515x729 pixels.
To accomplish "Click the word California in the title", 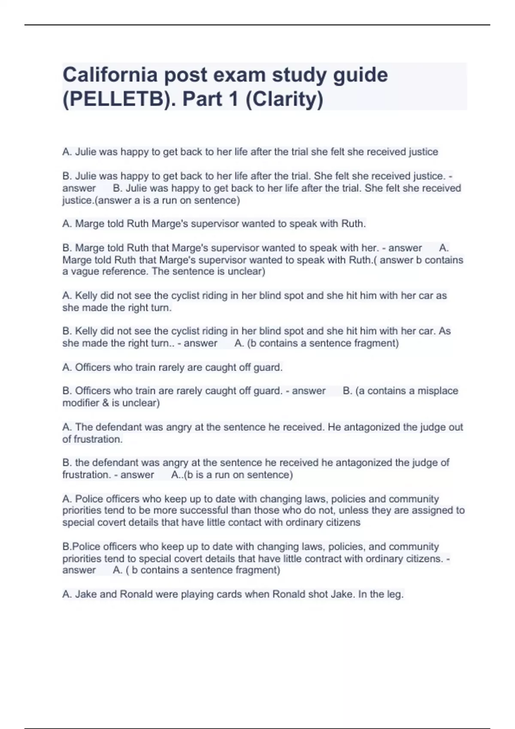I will pos(110,75).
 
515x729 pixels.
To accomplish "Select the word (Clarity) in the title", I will pos(284,99).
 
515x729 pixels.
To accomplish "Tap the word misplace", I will pos(438,391).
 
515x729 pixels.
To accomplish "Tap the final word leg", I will pos(396,594).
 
